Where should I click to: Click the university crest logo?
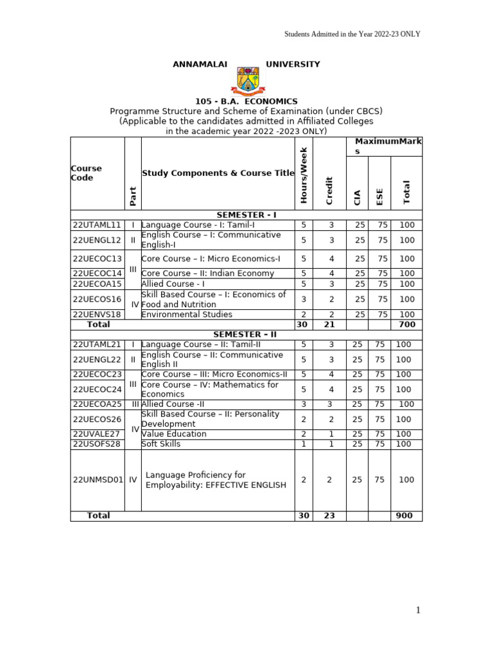pos(246,80)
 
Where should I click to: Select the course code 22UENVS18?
pos(97,314)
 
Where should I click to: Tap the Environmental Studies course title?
pos(187,314)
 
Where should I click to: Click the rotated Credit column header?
pos(329,190)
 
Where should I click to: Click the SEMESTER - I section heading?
pos(246,215)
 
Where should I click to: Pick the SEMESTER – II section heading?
pos(246,334)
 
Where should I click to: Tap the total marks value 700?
pos(406,325)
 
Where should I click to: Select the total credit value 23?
pos(329,516)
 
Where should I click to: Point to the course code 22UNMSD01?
pos(97,480)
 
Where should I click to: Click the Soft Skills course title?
pos(161,444)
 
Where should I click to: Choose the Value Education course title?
pos(174,434)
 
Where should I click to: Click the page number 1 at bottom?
pos(418,610)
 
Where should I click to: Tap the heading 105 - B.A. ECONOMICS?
pos(246,101)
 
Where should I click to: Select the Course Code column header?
pos(86,173)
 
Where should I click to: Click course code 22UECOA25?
pos(97,404)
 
